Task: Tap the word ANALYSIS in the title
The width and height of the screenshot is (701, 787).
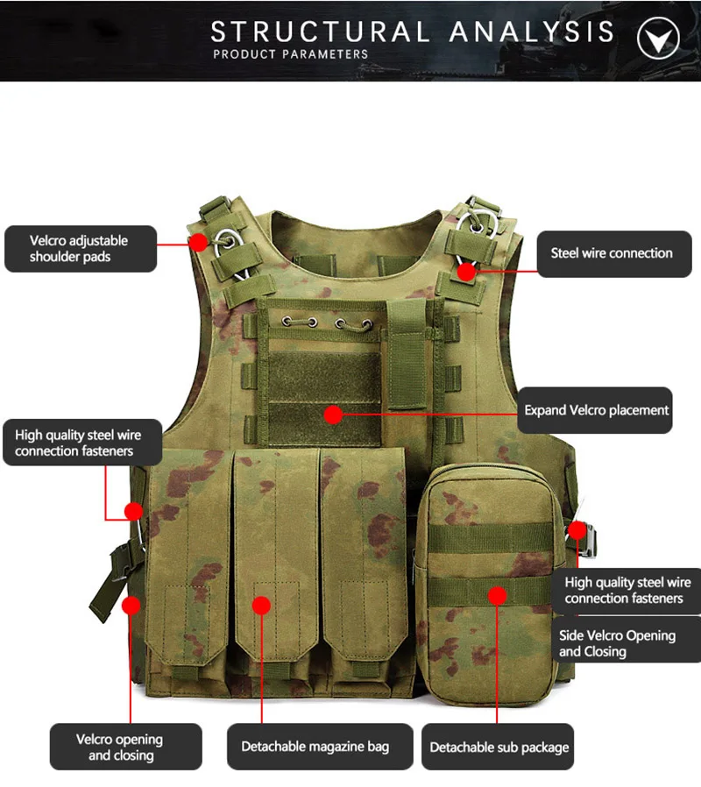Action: (x=532, y=32)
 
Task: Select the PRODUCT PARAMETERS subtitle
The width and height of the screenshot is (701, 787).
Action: (x=291, y=54)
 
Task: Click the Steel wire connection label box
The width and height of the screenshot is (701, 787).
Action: (x=611, y=253)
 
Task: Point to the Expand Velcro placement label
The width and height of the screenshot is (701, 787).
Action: (x=596, y=410)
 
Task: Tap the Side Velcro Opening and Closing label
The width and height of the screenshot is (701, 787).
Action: (x=617, y=643)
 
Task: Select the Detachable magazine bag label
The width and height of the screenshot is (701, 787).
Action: (x=315, y=747)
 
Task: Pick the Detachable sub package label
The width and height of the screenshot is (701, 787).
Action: (x=499, y=748)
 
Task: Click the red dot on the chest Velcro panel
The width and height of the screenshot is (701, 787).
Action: (x=332, y=415)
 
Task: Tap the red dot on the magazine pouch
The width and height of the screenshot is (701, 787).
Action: (x=262, y=605)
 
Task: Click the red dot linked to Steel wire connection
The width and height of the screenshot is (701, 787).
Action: (x=466, y=272)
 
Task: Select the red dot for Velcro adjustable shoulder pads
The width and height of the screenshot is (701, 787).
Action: (x=199, y=240)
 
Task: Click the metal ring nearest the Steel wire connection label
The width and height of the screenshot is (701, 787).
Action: (x=480, y=219)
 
